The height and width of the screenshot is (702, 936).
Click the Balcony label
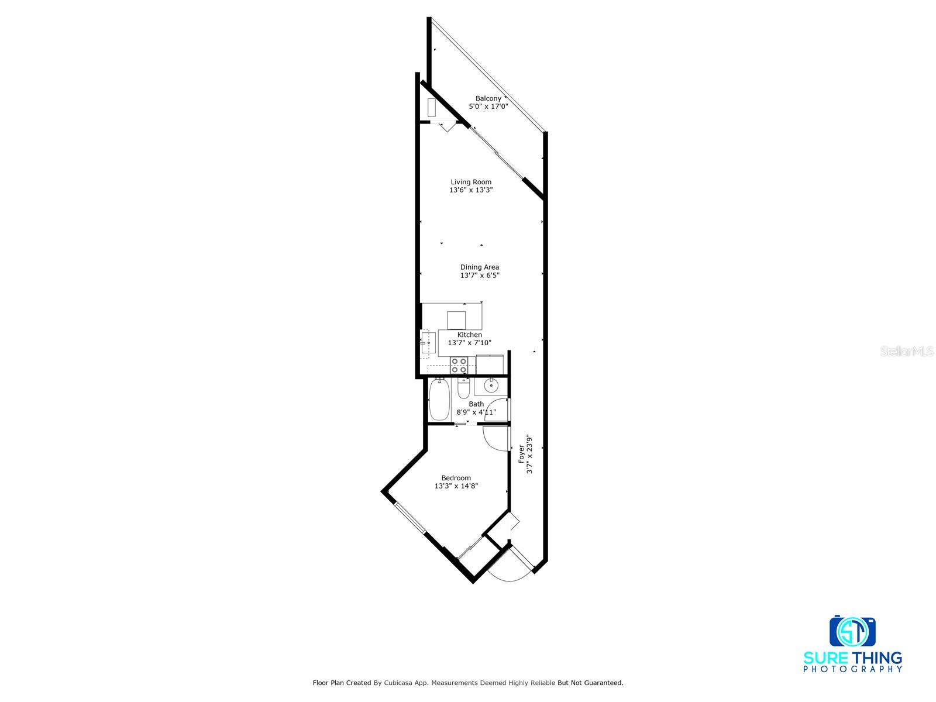488,98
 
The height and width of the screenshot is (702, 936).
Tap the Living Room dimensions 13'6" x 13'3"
471,190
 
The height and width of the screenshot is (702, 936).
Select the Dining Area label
479,267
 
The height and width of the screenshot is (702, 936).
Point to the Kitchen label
469,335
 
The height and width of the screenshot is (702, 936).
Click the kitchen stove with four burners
459,366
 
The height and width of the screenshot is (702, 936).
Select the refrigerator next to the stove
490,364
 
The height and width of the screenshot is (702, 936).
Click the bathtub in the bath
439,400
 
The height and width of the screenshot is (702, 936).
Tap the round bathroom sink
490,386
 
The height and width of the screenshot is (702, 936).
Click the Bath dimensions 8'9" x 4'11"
476,412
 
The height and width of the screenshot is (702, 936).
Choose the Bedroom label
456,477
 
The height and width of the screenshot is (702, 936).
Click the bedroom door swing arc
493,440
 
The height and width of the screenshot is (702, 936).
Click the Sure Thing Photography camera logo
852,631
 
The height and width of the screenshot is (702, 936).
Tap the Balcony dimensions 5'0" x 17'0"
488,106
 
